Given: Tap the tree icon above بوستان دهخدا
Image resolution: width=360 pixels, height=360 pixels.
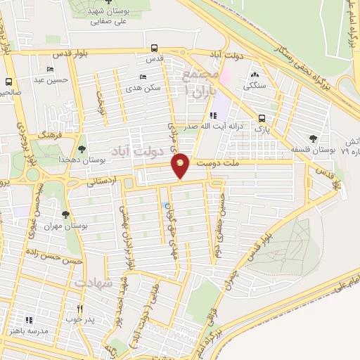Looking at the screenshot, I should tap(83, 149).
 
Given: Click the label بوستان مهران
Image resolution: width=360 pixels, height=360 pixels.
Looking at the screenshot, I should tap(64, 226).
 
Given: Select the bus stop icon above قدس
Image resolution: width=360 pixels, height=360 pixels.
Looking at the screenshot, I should tap(155, 49).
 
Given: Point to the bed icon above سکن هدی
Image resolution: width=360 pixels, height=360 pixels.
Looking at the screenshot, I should tap(143, 77).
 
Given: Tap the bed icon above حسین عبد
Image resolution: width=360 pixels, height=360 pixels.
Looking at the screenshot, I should tap(50, 69).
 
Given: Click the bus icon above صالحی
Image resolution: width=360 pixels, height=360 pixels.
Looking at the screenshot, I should tap(9, 82).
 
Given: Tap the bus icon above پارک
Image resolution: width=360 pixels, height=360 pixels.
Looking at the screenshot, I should tap(262, 118).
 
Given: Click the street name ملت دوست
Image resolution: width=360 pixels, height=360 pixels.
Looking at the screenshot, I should tap(214, 164).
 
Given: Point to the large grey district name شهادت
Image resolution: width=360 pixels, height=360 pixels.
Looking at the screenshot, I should tap(93, 282).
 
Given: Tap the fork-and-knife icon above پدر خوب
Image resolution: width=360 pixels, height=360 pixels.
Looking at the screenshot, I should tap(80, 308).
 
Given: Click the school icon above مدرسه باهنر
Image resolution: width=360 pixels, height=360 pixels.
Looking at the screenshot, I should tap(29, 320).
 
